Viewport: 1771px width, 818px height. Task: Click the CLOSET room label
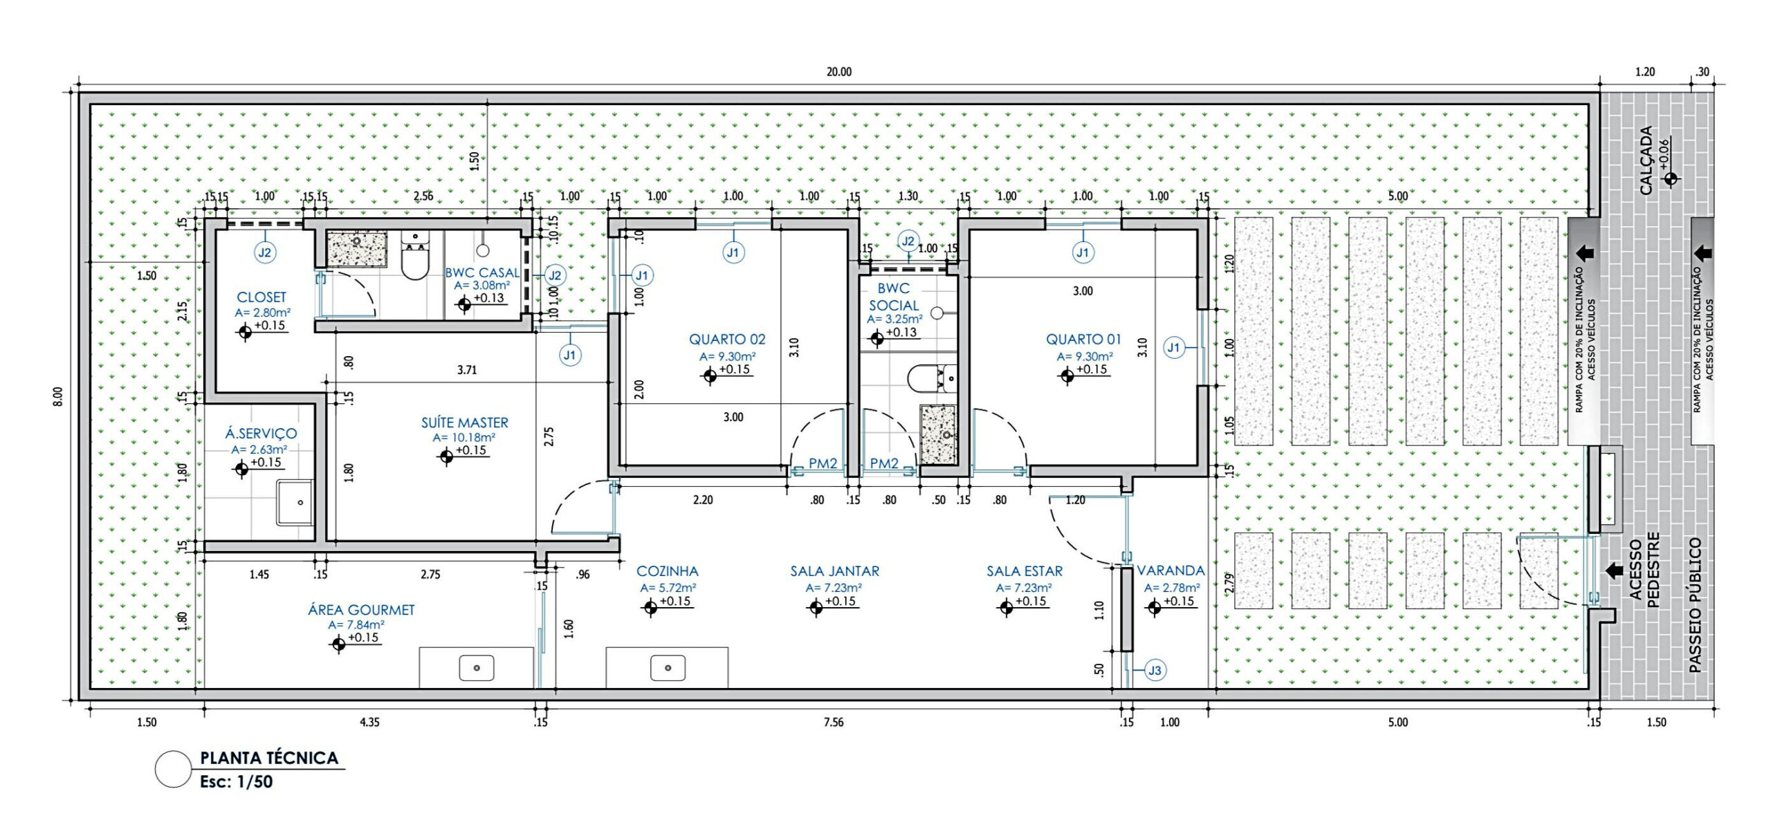(x=261, y=297)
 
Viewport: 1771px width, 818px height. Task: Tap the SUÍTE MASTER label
(x=465, y=422)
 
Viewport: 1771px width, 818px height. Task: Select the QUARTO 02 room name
(x=727, y=340)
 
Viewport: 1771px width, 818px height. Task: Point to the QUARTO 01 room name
(x=1083, y=340)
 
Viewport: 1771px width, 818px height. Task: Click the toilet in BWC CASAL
(x=415, y=255)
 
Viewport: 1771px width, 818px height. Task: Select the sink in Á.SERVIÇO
(x=296, y=503)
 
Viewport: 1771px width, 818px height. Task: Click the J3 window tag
(x=1155, y=670)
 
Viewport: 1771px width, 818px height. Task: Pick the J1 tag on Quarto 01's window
(x=1173, y=347)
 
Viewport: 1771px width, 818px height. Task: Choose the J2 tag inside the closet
(x=265, y=252)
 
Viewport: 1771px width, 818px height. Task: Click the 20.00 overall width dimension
(x=839, y=72)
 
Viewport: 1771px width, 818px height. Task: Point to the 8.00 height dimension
(x=58, y=396)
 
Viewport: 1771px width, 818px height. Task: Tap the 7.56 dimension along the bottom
(x=834, y=723)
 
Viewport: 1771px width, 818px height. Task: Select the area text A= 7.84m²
(x=356, y=625)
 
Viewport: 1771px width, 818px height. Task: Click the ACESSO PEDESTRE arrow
(x=1615, y=570)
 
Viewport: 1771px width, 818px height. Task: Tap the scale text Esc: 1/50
(x=237, y=782)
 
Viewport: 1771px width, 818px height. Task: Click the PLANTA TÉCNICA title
(x=269, y=758)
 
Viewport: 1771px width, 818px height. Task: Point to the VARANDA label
(x=1171, y=571)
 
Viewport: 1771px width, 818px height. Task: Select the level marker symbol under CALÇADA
(x=1671, y=179)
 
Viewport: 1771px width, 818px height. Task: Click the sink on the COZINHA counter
(x=668, y=668)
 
